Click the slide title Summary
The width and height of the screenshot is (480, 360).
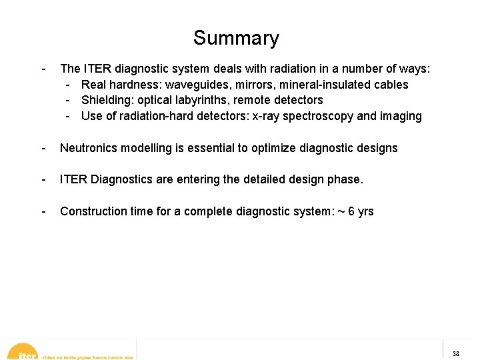tap(236, 38)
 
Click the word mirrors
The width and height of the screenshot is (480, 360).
tap(254, 85)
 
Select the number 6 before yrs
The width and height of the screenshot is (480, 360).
tap(352, 211)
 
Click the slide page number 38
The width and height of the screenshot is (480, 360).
tap(455, 353)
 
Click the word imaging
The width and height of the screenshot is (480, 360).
tap(401, 116)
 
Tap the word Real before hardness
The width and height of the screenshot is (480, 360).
tap(93, 85)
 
